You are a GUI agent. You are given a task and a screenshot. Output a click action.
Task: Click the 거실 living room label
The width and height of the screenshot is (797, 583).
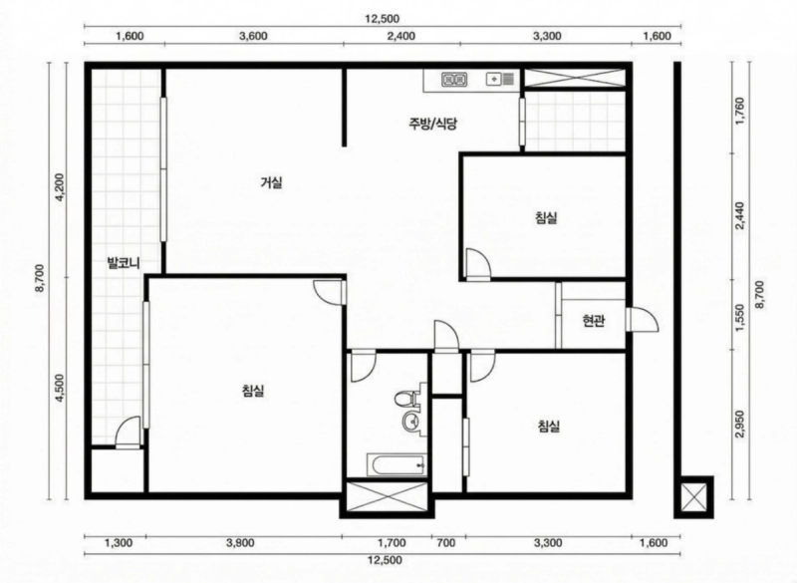[271, 182]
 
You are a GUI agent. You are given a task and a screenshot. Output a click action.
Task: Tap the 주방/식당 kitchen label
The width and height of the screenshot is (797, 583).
[432, 124]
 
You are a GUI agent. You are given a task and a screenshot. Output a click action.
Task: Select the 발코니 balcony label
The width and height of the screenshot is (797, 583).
[124, 263]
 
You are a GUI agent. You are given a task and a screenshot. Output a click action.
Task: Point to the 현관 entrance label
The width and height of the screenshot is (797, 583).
[594, 321]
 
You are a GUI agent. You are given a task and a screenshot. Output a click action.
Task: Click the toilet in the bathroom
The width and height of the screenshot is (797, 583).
[405, 398]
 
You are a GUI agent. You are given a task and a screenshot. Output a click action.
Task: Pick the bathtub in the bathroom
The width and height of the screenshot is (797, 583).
[397, 465]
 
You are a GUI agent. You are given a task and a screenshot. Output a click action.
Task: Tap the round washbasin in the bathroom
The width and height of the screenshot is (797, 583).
[411, 421]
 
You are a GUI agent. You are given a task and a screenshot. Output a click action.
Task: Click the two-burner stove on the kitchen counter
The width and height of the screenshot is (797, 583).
[454, 80]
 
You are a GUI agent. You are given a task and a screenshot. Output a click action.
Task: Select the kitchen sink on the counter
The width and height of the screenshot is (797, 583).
[500, 80]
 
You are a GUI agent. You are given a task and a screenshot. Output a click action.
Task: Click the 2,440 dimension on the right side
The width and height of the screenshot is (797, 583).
[739, 216]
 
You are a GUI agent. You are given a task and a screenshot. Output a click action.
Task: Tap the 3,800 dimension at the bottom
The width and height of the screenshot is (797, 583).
[240, 543]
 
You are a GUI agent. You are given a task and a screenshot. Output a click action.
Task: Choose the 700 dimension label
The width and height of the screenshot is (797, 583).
[445, 543]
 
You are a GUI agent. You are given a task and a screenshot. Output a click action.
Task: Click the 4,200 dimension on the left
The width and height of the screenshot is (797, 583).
[61, 188]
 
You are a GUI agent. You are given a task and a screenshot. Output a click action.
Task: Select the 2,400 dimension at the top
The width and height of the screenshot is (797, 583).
[401, 36]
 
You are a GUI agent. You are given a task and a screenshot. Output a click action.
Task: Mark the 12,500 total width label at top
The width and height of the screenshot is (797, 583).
[383, 19]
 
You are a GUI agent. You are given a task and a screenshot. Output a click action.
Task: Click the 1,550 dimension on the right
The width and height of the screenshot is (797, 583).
[739, 318]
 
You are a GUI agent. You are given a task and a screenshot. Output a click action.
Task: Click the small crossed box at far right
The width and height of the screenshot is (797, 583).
[693, 497]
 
